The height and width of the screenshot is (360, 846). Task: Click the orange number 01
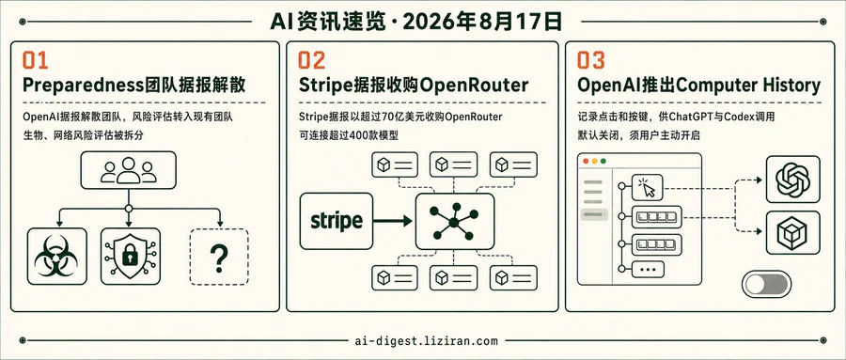[x=35, y=61]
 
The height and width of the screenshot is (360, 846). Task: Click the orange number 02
[x=312, y=61]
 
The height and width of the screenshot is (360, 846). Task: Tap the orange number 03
[x=591, y=61]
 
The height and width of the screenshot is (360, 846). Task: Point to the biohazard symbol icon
[x=56, y=257]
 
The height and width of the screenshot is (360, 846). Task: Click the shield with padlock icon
[x=130, y=256]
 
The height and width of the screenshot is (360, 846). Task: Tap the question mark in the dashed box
[x=219, y=258]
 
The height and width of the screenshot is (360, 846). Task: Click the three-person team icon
[x=129, y=170]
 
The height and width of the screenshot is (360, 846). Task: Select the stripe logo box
[x=337, y=221]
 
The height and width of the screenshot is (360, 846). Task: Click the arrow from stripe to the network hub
[x=393, y=221]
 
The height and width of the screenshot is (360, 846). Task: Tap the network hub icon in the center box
[x=454, y=221]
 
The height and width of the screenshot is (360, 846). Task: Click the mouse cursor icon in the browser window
[x=648, y=187]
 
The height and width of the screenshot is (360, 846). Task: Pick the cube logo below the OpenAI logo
[x=792, y=232]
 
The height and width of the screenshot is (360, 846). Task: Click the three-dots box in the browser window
[x=647, y=269]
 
